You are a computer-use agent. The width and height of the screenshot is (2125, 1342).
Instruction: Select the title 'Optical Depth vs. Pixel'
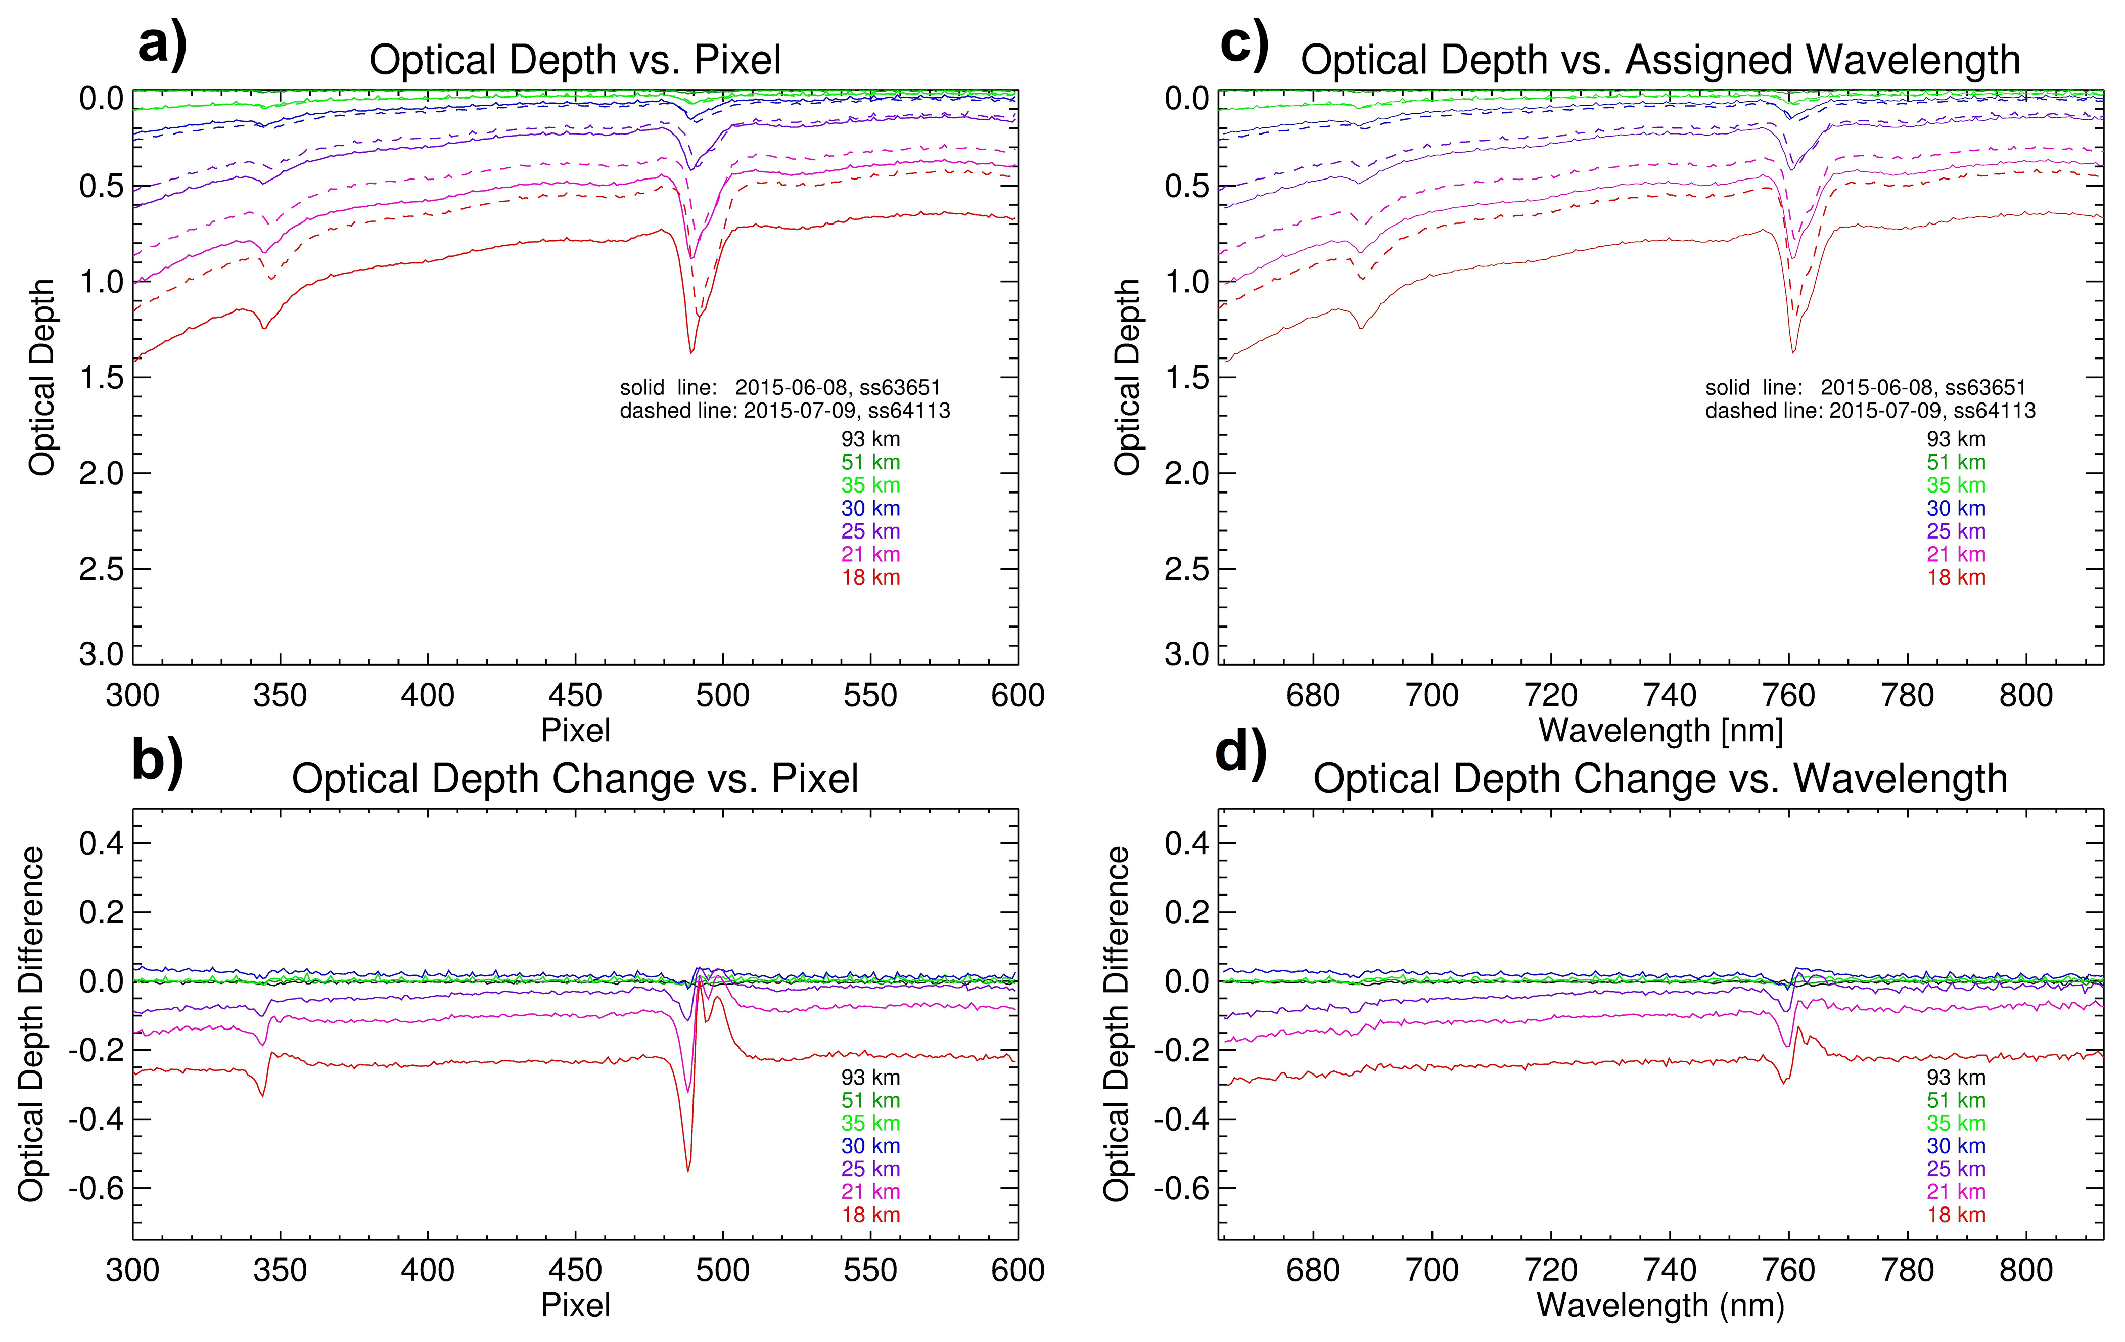(575, 60)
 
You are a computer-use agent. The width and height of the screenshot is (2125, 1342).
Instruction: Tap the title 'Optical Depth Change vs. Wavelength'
(1660, 779)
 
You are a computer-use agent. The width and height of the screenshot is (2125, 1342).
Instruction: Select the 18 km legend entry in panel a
(870, 577)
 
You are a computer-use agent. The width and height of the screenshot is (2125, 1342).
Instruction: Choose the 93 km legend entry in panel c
(1956, 439)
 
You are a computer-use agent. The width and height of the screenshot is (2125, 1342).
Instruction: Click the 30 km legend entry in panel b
(870, 1146)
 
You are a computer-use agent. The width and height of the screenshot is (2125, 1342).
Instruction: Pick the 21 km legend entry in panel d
(1956, 1192)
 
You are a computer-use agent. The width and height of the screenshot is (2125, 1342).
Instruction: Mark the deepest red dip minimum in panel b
(688, 1171)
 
